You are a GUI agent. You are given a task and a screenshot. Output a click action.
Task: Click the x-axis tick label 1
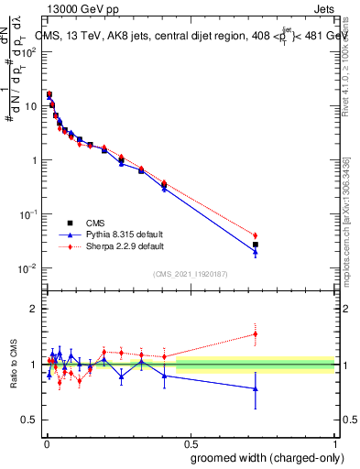tap(336, 442)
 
